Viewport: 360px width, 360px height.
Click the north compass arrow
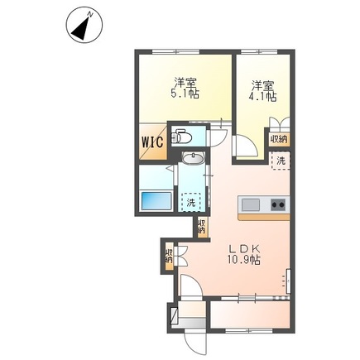(80, 27)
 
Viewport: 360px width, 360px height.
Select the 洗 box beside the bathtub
(191, 200)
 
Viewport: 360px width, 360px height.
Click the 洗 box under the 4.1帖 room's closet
(281, 160)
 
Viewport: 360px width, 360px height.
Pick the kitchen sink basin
(251, 204)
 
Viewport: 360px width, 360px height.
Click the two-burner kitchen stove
(277, 204)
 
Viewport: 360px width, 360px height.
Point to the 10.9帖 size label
(244, 260)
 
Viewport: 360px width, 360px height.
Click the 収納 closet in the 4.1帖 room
(280, 138)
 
